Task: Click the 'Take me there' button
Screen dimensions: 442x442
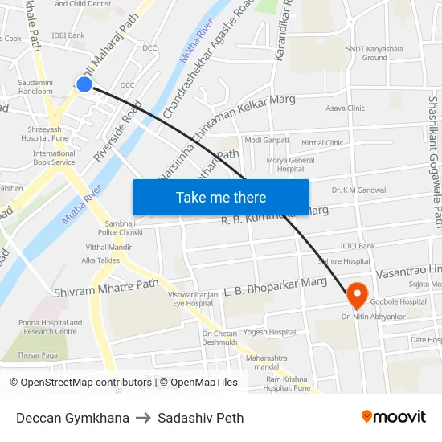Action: (x=221, y=197)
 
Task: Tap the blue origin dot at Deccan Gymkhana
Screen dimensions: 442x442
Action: (x=84, y=84)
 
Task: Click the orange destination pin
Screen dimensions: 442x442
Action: (x=357, y=295)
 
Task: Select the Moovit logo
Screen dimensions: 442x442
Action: (x=393, y=416)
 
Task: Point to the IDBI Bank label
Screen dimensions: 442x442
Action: (x=68, y=35)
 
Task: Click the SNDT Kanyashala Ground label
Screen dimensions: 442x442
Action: (x=374, y=53)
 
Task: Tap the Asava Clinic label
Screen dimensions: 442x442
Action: (x=345, y=108)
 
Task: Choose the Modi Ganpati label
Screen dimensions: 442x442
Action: (x=265, y=140)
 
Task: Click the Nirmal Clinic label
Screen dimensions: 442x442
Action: (x=322, y=143)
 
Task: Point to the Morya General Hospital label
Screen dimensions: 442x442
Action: (x=290, y=165)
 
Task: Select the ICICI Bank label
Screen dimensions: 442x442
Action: (x=358, y=245)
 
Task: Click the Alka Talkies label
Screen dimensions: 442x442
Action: (x=100, y=261)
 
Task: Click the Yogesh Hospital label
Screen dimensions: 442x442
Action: (x=269, y=331)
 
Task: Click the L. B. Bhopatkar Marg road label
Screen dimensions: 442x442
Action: (x=276, y=286)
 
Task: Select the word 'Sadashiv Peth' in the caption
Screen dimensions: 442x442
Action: (x=201, y=418)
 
